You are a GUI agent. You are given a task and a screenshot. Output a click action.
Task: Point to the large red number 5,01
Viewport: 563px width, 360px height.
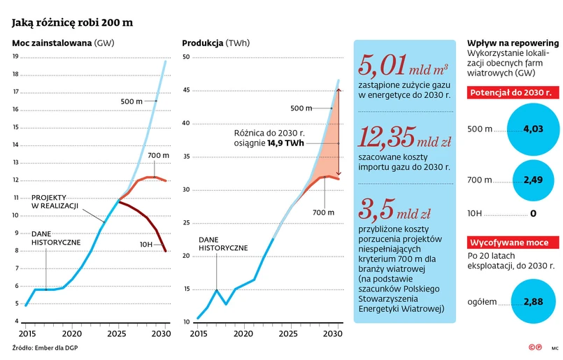(x=383, y=67)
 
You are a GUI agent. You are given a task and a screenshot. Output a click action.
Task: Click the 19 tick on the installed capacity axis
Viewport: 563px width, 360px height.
(x=15, y=57)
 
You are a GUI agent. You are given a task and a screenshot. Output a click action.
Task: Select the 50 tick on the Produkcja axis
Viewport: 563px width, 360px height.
(x=186, y=57)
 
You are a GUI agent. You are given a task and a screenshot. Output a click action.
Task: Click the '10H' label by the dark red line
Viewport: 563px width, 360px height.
(x=145, y=243)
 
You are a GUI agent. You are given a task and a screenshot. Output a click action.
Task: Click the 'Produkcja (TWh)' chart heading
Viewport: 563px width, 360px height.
(x=215, y=43)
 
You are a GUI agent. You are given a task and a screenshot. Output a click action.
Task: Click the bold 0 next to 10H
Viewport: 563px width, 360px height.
(x=533, y=214)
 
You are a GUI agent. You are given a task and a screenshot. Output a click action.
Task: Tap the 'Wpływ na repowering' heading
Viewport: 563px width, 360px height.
(x=508, y=42)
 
